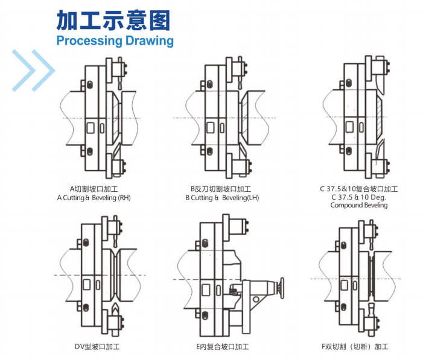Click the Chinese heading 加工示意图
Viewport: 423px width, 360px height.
(113, 21)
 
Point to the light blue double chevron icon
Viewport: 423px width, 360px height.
(33, 71)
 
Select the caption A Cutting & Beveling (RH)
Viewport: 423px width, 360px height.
(94, 198)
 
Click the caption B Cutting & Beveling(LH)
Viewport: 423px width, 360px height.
(222, 198)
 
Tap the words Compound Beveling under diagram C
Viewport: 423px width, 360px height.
(359, 205)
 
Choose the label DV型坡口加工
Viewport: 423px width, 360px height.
(97, 347)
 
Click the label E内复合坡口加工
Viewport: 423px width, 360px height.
(222, 347)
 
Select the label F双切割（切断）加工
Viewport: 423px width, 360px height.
(355, 347)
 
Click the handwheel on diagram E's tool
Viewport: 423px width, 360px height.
(282, 288)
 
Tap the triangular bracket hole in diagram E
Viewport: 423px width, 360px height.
(256, 299)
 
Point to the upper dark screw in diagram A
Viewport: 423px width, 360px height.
(90, 84)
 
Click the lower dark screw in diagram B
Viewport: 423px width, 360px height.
(210, 151)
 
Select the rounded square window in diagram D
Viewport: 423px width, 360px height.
(87, 284)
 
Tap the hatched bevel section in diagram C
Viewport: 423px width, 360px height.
(380, 117)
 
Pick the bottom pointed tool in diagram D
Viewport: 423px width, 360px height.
(115, 309)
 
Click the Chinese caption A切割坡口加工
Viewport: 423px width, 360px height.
(94, 189)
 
